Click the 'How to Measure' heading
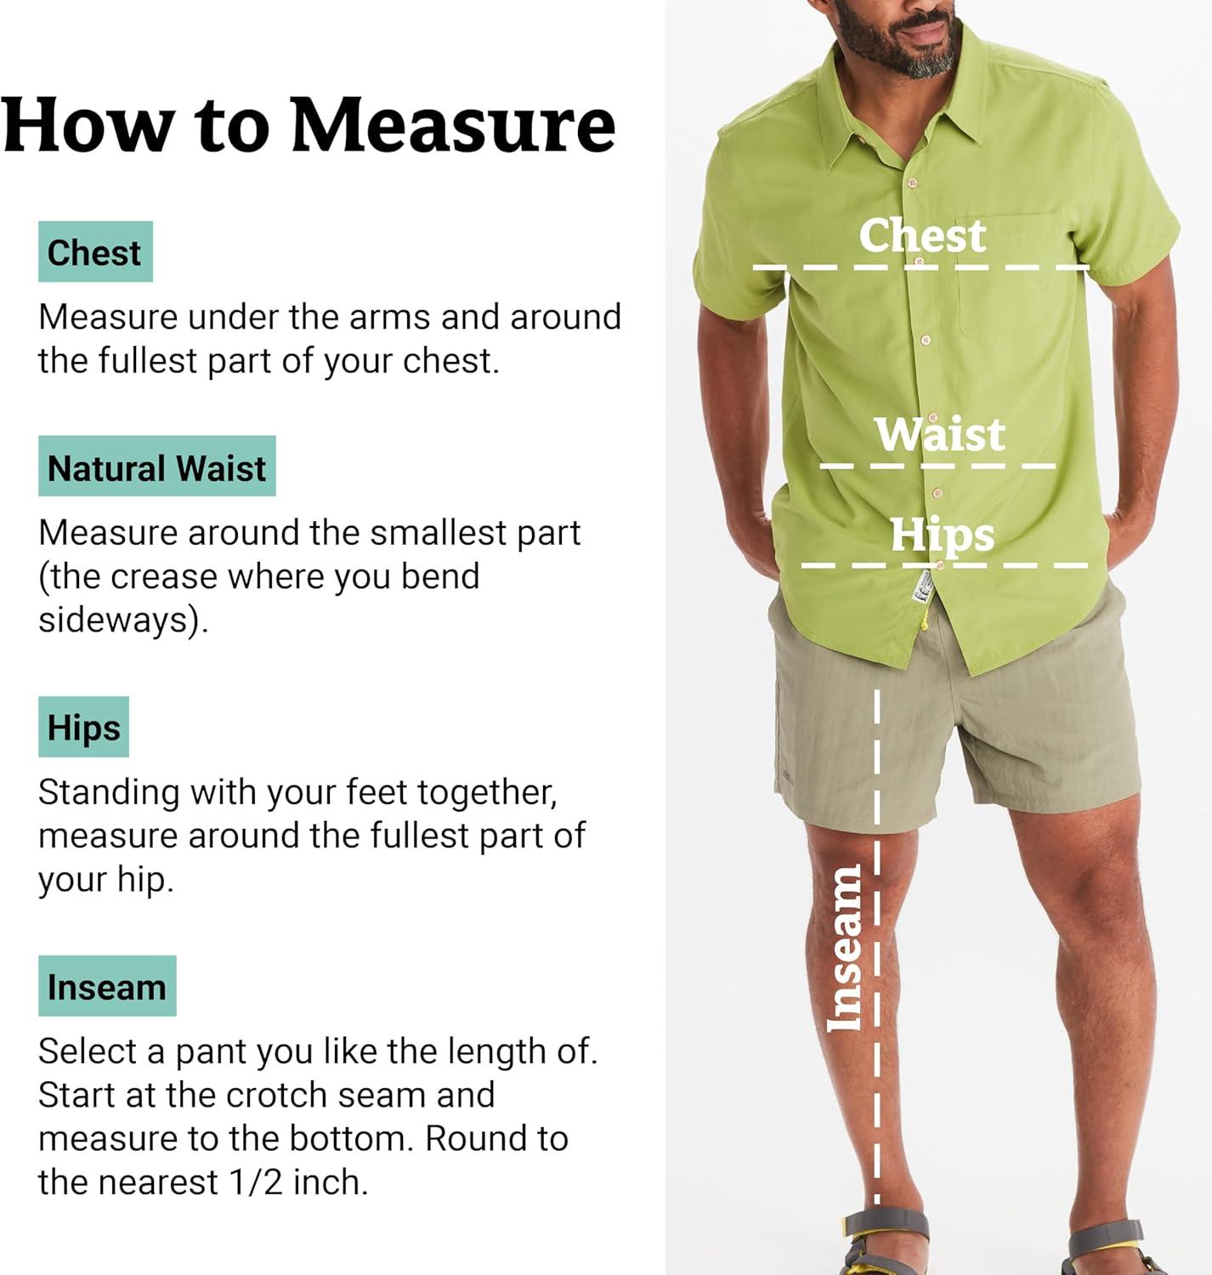point(309,125)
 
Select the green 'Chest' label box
point(95,252)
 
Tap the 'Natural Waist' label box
point(157,466)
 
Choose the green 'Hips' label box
point(83,727)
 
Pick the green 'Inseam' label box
point(107,986)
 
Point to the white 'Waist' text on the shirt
point(940,433)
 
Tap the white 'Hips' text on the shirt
point(943,535)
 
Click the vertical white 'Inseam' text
point(843,948)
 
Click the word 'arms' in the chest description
point(394,318)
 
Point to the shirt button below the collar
point(913,182)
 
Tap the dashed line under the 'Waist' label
point(937,466)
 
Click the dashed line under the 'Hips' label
point(944,565)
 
